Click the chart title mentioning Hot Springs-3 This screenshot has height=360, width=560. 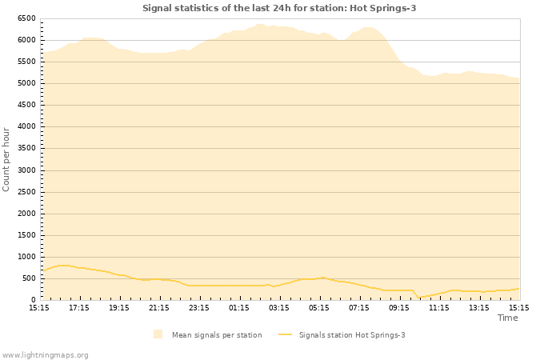279,8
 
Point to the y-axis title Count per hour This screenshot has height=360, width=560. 6,158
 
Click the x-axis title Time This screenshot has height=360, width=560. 507,318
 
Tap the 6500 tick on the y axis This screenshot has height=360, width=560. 26,18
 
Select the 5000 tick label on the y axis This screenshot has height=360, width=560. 26,83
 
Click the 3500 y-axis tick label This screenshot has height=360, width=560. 26,148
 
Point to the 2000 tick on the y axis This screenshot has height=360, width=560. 26,214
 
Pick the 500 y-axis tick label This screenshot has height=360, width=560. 28,278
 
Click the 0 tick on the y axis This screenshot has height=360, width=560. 33,300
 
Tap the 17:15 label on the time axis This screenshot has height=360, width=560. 79,307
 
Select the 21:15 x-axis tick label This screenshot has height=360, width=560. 159,307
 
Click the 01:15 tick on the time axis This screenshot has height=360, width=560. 239,307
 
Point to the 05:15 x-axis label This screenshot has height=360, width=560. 319,307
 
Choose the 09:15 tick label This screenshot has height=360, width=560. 399,307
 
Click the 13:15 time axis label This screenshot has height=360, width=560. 479,307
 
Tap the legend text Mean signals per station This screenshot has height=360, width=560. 217,335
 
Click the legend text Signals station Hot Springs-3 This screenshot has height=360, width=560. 352,335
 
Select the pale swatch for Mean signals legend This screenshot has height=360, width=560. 158,334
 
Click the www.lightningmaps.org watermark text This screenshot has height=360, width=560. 45,354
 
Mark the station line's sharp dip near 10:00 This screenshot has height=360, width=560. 418,298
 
